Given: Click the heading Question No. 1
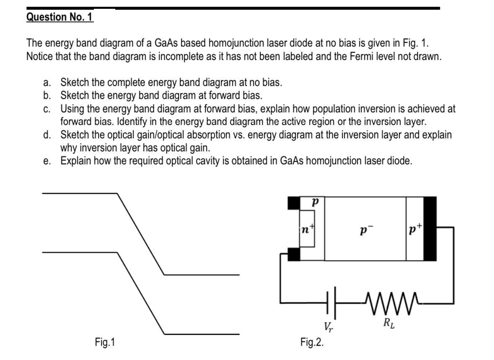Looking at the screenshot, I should [60, 17].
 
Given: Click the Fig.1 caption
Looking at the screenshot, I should [104, 342].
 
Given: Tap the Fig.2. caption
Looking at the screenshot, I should [312, 342].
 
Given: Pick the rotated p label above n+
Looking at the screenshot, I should [314, 202].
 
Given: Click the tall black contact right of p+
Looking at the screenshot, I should [430, 228].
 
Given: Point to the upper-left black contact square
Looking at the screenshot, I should [294, 203].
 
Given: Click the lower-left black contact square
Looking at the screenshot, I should [294, 254].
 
